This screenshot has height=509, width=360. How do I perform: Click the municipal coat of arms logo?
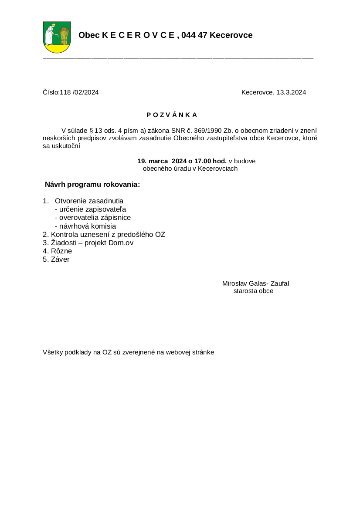(x=57, y=37)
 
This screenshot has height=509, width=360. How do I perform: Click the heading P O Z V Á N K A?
(x=172, y=115)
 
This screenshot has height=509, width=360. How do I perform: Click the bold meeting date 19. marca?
(x=149, y=161)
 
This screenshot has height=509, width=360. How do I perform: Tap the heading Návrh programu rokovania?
(x=92, y=185)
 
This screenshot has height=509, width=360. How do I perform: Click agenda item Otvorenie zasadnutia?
(x=89, y=201)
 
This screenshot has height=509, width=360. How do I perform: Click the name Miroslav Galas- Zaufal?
(x=255, y=283)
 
